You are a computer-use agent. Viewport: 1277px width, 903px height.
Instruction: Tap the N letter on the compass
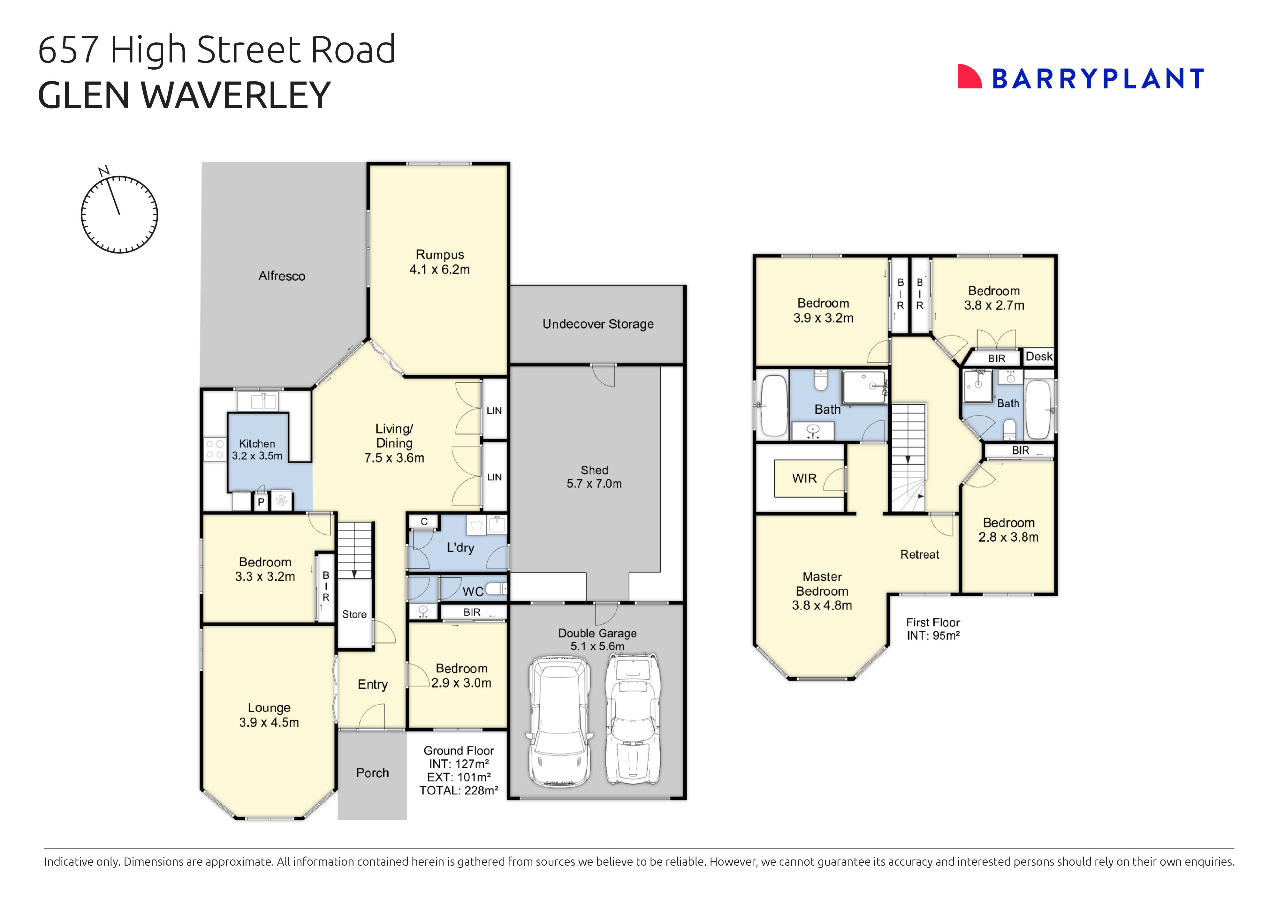(103, 171)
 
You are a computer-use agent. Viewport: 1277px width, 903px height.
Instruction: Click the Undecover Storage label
(598, 324)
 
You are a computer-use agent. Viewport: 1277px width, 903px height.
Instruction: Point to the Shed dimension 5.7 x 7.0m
(594, 484)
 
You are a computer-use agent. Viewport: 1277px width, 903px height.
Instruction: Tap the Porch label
(372, 773)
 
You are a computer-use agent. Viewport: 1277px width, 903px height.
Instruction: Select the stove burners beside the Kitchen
(215, 449)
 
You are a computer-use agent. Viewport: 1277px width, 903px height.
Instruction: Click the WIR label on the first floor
(804, 478)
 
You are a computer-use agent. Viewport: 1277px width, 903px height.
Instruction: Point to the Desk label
(1038, 357)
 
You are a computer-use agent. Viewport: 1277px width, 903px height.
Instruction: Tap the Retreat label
(919, 554)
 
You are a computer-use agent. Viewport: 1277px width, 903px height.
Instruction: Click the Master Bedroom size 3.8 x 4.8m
(822, 606)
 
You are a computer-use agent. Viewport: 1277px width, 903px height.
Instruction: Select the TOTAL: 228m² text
(458, 791)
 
